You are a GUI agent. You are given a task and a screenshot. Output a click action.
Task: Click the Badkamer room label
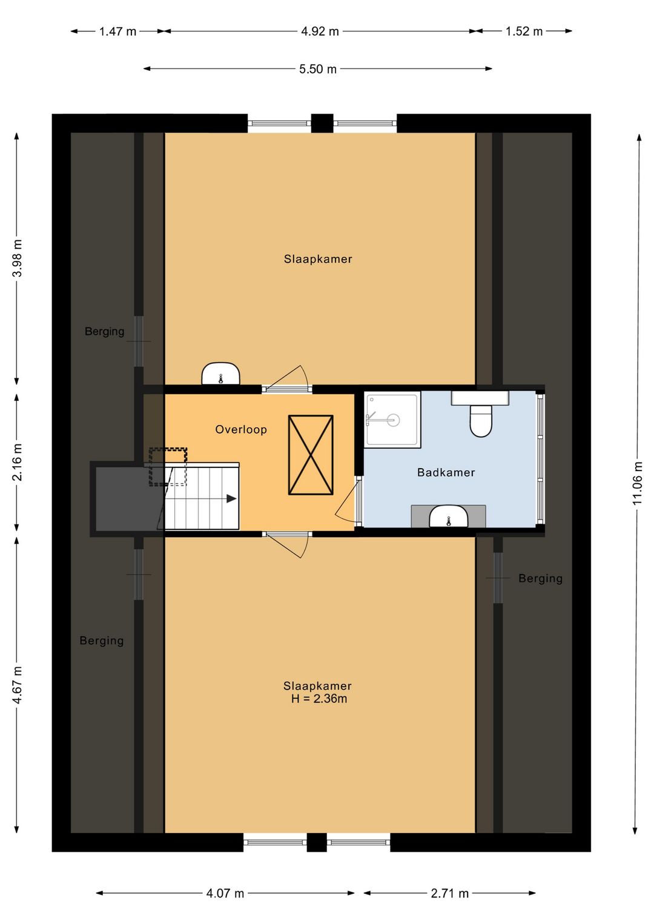tap(446, 472)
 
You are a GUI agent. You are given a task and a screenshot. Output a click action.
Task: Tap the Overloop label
tap(241, 429)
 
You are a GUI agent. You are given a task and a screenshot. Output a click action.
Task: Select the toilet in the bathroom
tap(481, 420)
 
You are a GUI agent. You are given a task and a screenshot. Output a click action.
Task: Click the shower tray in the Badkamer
tap(392, 420)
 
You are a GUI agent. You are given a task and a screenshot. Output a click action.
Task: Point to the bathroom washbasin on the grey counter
tap(448, 517)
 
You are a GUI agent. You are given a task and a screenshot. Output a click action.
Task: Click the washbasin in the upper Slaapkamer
tap(221, 374)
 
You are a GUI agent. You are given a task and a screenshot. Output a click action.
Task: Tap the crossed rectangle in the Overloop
tap(311, 455)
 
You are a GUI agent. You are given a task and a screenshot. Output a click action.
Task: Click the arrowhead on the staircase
tap(231, 499)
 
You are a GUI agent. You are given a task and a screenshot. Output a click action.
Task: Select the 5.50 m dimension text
tap(318, 69)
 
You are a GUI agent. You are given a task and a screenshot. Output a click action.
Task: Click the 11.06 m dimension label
tap(638, 483)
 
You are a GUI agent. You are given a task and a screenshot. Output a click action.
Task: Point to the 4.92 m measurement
tap(320, 31)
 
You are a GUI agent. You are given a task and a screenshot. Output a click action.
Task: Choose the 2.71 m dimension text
tap(450, 894)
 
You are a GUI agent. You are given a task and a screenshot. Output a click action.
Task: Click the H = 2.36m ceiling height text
tap(319, 699)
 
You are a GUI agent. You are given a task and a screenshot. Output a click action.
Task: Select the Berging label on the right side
tap(541, 579)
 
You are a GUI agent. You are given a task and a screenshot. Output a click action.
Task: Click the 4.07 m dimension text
tap(225, 894)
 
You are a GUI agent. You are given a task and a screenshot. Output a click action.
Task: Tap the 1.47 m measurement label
tap(117, 31)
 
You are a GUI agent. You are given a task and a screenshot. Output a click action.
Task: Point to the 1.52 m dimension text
tap(524, 31)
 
